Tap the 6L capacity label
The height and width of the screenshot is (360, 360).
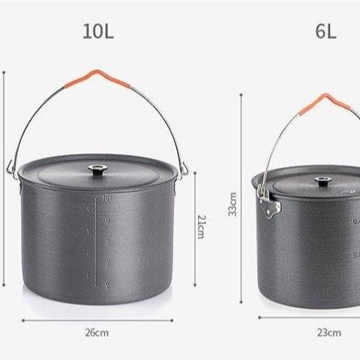click(326, 32)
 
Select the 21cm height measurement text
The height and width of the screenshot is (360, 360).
click(202, 227)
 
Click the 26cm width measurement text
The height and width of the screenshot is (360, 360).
click(97, 332)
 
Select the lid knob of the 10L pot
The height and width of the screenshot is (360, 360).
click(98, 171)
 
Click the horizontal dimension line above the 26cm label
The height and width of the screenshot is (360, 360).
click(97, 318)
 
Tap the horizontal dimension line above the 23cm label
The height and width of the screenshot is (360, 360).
click(316, 318)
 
